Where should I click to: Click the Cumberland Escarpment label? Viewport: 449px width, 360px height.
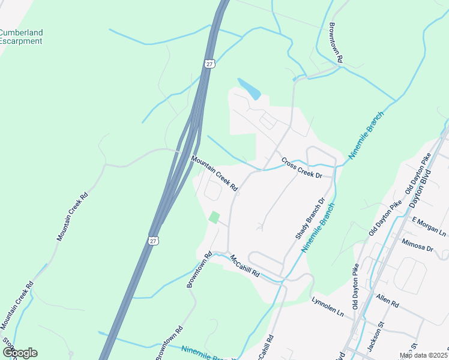click(22, 37)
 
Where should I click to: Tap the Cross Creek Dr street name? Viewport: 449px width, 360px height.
click(302, 167)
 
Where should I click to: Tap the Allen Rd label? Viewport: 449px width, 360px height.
click(387, 301)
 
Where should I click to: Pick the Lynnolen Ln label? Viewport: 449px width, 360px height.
click(328, 305)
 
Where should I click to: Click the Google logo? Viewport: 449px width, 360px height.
click(20, 353)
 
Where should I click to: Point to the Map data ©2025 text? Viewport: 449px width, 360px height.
click(423, 355)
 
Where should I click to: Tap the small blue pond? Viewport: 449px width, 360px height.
click(249, 88)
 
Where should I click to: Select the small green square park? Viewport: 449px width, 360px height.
click(214, 217)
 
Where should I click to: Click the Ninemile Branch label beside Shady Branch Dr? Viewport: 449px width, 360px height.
click(318, 230)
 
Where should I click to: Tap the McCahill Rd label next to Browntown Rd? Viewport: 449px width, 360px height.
click(244, 265)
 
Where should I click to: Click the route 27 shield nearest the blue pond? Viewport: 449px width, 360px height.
click(209, 64)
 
